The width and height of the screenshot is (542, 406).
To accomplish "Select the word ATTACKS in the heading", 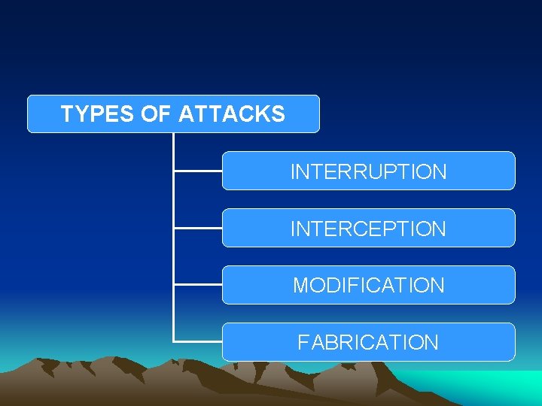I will point(231,114).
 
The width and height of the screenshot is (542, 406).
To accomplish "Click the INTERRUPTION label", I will point(368,171).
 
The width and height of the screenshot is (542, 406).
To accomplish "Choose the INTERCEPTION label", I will point(368,229).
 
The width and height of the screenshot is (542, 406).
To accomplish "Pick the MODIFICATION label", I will point(368,286).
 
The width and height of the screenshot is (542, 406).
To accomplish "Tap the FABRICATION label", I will point(368,343).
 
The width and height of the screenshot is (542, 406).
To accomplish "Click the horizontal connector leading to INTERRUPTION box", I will point(198,171).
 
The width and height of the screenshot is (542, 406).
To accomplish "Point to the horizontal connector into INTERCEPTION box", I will point(198,228).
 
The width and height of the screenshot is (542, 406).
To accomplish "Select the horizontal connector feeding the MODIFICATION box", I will point(198,285).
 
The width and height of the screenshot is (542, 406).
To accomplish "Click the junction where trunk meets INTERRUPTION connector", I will point(174,171).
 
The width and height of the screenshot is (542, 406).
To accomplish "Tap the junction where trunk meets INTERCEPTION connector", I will point(174,228).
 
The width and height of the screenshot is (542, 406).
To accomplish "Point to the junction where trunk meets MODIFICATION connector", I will point(174,285).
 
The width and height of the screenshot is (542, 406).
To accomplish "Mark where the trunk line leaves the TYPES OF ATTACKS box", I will point(174,134).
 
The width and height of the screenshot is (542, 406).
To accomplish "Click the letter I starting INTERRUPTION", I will point(293,171).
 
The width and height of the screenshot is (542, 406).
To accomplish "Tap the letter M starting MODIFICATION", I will point(300,286).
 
